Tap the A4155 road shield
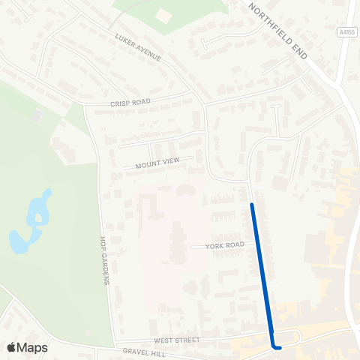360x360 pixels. click(x=346, y=32)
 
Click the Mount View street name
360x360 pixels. click(x=157, y=163)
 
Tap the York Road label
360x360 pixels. click(x=223, y=245)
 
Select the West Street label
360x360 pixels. click(x=179, y=340)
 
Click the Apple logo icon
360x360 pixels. click(x=11, y=347)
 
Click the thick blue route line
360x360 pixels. click(x=262, y=270)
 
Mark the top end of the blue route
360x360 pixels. click(x=252, y=204)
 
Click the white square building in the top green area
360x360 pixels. click(x=164, y=15)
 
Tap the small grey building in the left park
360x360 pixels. click(x=37, y=115)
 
